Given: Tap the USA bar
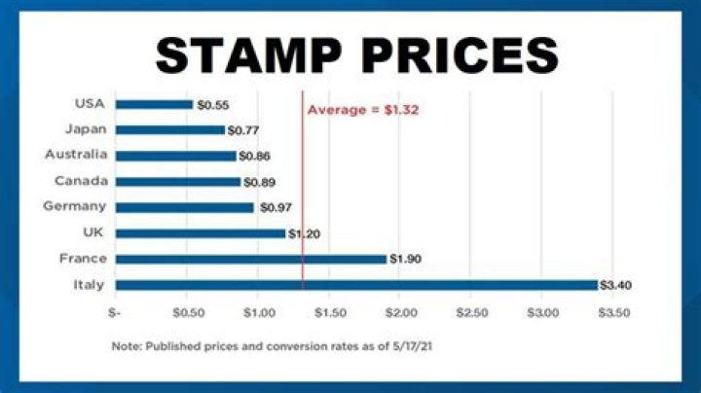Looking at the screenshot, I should (x=154, y=104).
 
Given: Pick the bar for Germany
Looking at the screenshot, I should (x=184, y=207).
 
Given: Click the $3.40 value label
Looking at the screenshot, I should (x=616, y=285).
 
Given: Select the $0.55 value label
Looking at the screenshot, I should (x=211, y=104).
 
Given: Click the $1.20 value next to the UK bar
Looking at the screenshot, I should (x=305, y=233).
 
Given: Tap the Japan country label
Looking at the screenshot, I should (x=86, y=129).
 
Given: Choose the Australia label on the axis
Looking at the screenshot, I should (x=76, y=155).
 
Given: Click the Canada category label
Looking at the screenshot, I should (x=81, y=181).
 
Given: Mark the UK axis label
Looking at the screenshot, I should (x=95, y=232).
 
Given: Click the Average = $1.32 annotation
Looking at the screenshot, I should (x=363, y=110).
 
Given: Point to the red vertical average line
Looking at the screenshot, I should (x=303, y=195).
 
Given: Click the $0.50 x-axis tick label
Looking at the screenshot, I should (x=187, y=313).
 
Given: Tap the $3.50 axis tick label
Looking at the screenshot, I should (x=613, y=313).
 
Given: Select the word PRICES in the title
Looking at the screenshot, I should (x=463, y=54).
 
